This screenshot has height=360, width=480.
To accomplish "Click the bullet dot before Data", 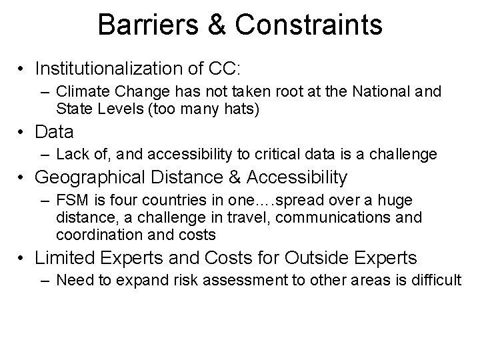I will pos(23,133).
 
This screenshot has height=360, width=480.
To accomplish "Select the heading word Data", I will pos(54,132).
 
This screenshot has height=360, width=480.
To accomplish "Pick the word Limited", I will pos(62,258).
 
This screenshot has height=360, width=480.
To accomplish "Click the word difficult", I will pos(435,281).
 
